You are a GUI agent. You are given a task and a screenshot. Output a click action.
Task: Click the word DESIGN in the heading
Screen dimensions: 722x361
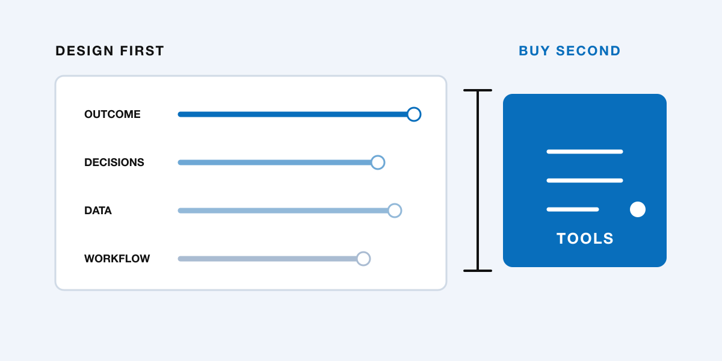coord(84,51)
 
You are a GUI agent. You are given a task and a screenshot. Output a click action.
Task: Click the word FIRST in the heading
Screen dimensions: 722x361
coord(142,51)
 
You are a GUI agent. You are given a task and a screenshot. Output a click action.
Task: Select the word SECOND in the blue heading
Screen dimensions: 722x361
coord(588,51)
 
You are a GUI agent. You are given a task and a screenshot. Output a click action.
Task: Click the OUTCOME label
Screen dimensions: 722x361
coord(112,114)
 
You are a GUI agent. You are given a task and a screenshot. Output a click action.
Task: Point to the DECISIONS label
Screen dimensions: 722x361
coord(114,162)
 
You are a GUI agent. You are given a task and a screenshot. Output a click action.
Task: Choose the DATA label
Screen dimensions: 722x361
coord(98,211)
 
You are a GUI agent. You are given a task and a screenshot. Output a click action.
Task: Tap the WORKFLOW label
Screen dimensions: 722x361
coord(117,259)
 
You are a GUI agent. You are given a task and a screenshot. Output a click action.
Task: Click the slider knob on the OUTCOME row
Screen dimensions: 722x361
coord(414,114)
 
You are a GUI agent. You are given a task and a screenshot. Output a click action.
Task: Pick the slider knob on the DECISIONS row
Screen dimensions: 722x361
coord(378,162)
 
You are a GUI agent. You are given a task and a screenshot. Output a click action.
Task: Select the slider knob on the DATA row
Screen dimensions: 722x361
coord(395,211)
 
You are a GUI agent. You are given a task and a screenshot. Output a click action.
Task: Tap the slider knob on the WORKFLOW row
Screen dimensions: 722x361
coord(363,259)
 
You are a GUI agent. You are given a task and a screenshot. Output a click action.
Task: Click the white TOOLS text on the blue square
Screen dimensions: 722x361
coord(585,238)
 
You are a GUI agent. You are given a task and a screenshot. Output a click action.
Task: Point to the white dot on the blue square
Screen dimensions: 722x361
coord(638,209)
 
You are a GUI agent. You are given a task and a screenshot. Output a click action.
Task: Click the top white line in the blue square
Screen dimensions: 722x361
coord(585,152)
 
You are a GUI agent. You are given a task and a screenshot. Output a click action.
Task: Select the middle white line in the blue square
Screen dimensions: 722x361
coord(585,180)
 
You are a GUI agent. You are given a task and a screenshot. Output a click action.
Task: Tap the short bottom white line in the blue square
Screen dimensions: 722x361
coord(573,209)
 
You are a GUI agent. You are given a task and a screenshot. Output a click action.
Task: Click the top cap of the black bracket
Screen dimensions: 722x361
coord(478,90)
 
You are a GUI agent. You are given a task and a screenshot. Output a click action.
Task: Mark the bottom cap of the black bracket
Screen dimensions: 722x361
coord(478,271)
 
